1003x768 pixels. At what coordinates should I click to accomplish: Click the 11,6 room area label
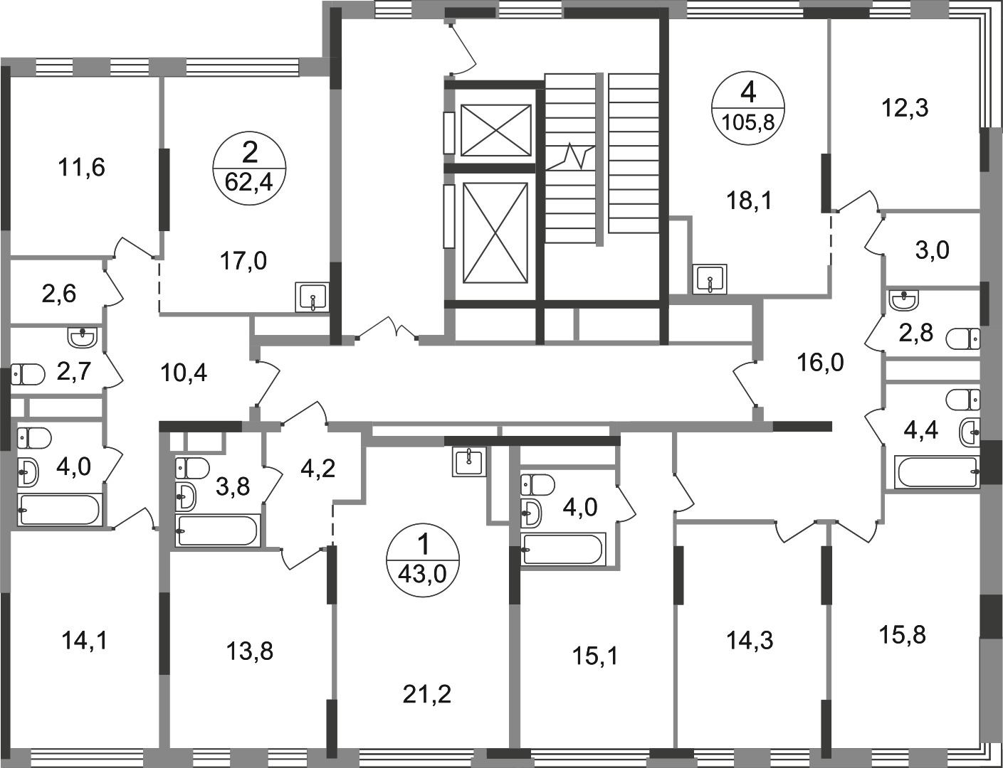82,167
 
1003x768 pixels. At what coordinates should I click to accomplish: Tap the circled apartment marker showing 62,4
249,169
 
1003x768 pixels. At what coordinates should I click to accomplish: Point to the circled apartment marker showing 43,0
423,561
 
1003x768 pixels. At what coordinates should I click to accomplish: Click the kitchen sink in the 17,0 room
313,298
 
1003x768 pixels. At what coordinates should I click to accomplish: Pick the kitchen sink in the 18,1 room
710,279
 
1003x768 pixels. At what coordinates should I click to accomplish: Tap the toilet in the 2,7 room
28,374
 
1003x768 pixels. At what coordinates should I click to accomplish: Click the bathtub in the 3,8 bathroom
217,531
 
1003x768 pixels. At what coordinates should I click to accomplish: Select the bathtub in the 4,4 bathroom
937,471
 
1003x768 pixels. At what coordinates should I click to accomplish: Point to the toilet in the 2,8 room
963,339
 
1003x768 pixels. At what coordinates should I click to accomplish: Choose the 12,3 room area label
904,109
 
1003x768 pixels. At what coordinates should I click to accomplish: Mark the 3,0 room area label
932,251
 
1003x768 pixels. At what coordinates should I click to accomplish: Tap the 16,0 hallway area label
821,363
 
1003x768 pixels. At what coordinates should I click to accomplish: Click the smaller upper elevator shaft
495,130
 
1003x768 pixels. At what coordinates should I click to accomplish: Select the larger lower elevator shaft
495,233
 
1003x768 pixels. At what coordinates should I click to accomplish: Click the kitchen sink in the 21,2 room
469,462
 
